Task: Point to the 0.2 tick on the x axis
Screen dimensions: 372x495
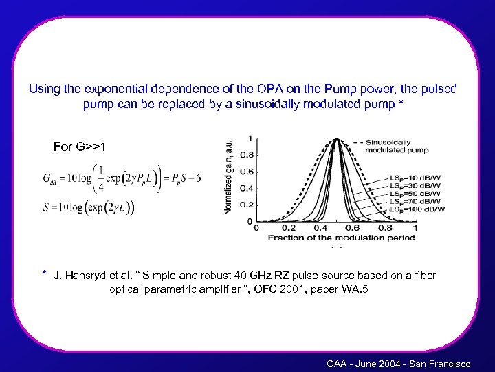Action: coord(289,228)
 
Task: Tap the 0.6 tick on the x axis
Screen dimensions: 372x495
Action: coord(353,228)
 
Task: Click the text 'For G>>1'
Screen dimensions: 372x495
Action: coord(80,146)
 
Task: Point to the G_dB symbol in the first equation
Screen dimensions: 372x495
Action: coord(52,179)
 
